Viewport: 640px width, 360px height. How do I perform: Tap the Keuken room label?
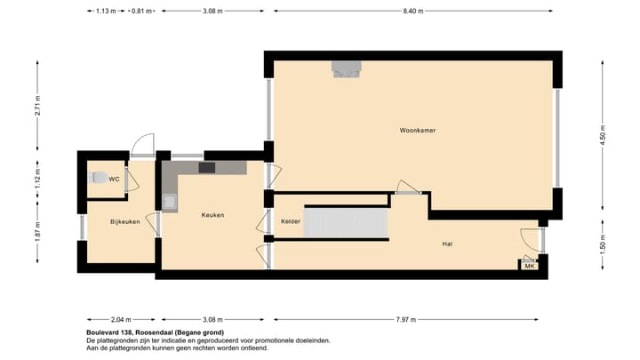tap(212, 215)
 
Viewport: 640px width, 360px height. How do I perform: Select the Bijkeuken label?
tap(125, 221)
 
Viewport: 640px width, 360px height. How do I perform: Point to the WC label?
tap(114, 179)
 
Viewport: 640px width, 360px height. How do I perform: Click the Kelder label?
tap(291, 220)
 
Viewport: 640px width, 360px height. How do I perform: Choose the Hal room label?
tap(447, 243)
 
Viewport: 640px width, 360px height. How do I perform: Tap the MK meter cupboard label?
tap(530, 266)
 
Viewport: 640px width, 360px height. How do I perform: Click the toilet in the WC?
tap(97, 177)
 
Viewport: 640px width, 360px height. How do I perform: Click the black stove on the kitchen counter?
tap(206, 167)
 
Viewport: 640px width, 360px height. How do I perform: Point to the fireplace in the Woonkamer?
tap(346, 68)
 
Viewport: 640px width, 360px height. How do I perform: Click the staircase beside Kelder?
tap(346, 224)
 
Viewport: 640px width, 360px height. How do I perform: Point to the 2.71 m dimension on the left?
tap(37, 106)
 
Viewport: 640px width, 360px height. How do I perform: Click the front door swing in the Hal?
tap(532, 237)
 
